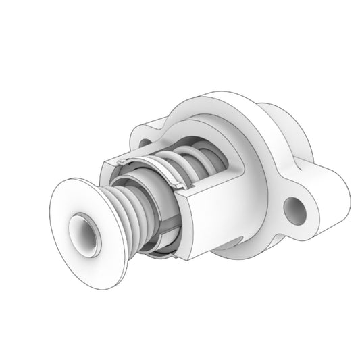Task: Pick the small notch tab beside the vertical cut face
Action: pos(181,184)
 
